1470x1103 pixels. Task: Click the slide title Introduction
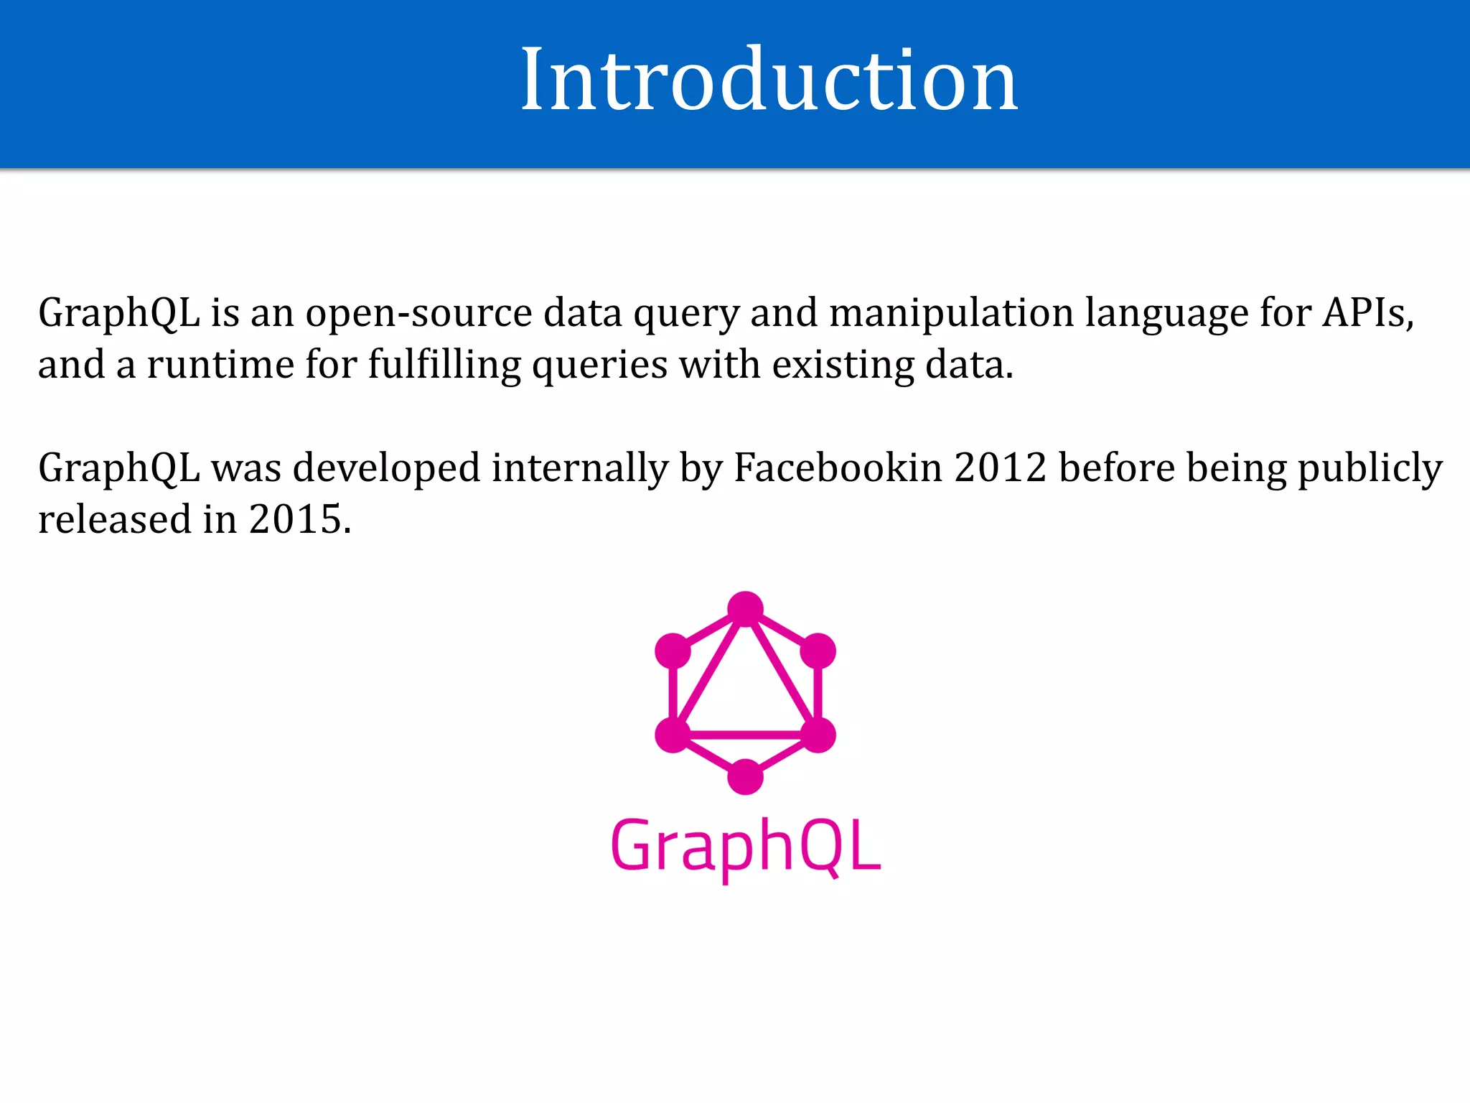click(x=769, y=79)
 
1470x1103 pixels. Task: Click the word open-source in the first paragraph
click(x=418, y=313)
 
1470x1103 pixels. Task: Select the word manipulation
click(x=951, y=313)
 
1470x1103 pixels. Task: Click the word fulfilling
click(x=444, y=365)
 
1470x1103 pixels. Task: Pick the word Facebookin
click(x=838, y=468)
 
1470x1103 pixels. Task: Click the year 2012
click(x=1000, y=468)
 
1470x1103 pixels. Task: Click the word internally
click(x=579, y=468)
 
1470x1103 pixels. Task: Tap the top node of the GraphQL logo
click(x=745, y=609)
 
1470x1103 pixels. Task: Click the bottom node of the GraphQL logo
click(x=745, y=777)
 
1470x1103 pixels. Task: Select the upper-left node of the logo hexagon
click(x=673, y=651)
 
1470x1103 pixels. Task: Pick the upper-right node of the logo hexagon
click(x=818, y=651)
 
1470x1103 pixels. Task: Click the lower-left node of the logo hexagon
click(x=673, y=735)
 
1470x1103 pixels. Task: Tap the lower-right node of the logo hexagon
click(x=818, y=735)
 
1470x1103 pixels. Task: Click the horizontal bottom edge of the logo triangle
click(x=745, y=735)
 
